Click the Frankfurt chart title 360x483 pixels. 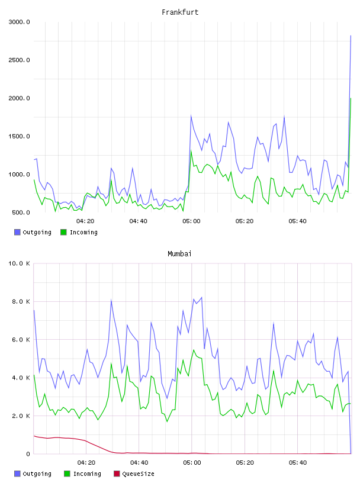(x=180, y=12)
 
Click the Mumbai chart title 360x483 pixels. (x=179, y=254)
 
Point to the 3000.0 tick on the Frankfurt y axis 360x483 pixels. (x=19, y=22)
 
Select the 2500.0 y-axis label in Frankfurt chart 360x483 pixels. (x=19, y=60)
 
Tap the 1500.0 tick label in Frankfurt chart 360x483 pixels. (x=19, y=136)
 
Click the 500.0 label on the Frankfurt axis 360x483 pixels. (x=21, y=212)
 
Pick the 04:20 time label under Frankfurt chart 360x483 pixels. (x=85, y=221)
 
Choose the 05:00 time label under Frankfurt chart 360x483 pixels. (x=191, y=221)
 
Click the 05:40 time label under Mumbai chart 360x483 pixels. (x=298, y=463)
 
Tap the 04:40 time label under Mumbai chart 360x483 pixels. (x=139, y=463)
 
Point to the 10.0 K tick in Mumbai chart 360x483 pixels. (x=19, y=263)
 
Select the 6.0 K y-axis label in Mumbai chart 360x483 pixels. (x=21, y=339)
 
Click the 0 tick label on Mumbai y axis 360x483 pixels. (x=28, y=454)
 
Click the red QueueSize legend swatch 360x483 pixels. (x=117, y=474)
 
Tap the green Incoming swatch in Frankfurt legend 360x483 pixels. (x=63, y=232)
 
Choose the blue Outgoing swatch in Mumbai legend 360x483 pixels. (x=17, y=474)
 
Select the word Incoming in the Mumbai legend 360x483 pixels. (x=87, y=474)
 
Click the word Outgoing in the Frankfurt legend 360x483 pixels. (x=37, y=232)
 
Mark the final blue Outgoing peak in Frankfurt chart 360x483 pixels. (x=351, y=36)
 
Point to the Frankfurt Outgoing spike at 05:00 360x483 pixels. (x=191, y=116)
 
